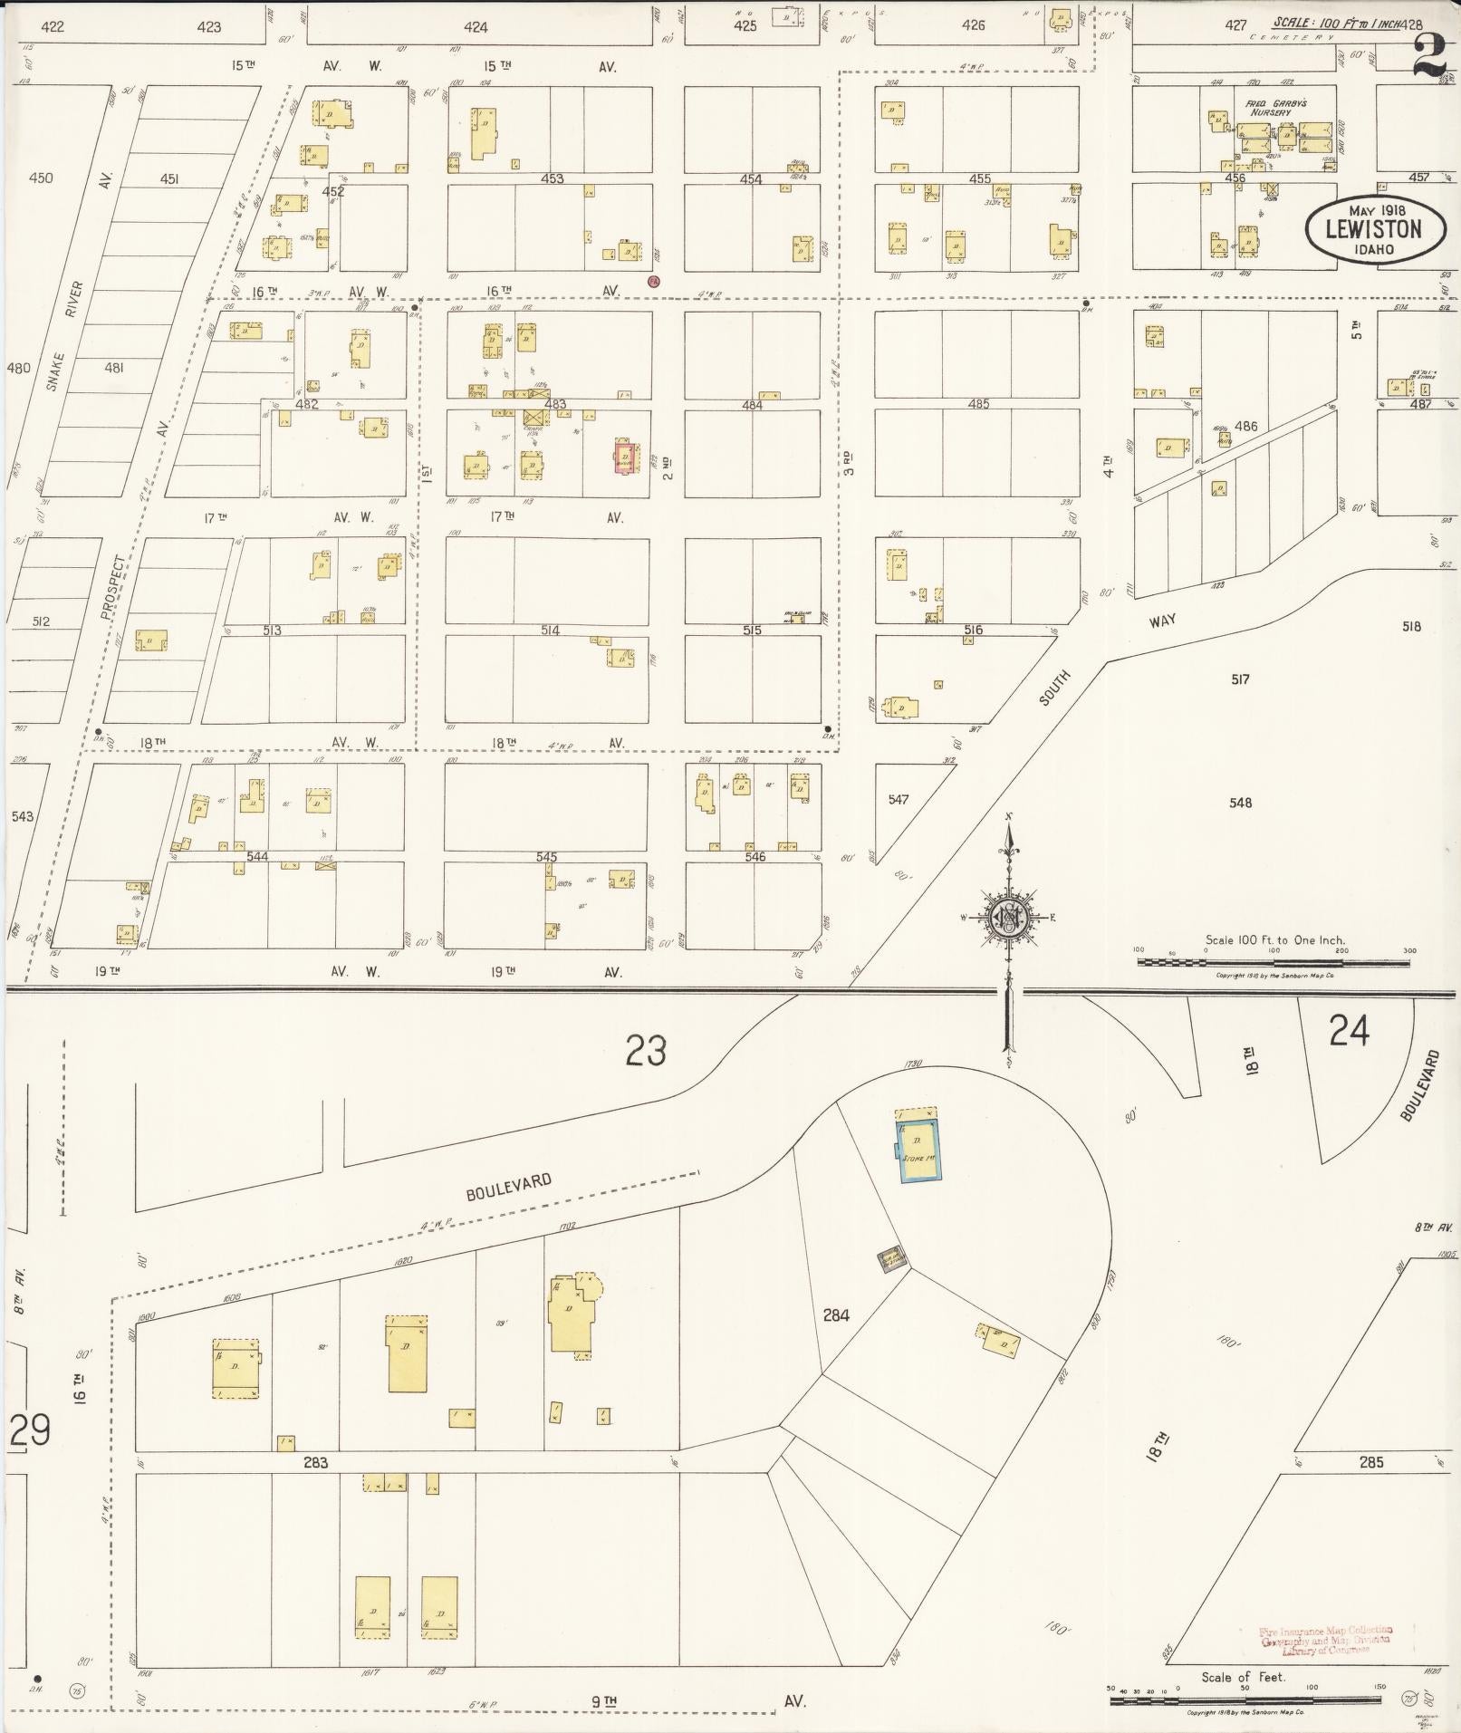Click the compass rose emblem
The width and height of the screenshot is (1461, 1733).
tap(1008, 917)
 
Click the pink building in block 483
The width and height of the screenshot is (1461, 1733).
tap(623, 456)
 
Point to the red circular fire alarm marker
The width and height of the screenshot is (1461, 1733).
tap(653, 281)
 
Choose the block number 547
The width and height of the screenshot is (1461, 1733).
tap(898, 799)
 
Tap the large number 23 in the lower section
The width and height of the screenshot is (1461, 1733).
tap(646, 1051)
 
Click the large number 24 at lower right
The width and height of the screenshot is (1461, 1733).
tap(1349, 1031)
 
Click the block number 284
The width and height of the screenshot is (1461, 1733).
tap(835, 1314)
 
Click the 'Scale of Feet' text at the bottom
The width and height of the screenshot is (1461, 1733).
tap(1243, 1677)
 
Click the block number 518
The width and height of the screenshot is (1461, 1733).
tap(1410, 626)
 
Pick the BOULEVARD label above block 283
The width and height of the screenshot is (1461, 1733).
tap(508, 1187)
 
